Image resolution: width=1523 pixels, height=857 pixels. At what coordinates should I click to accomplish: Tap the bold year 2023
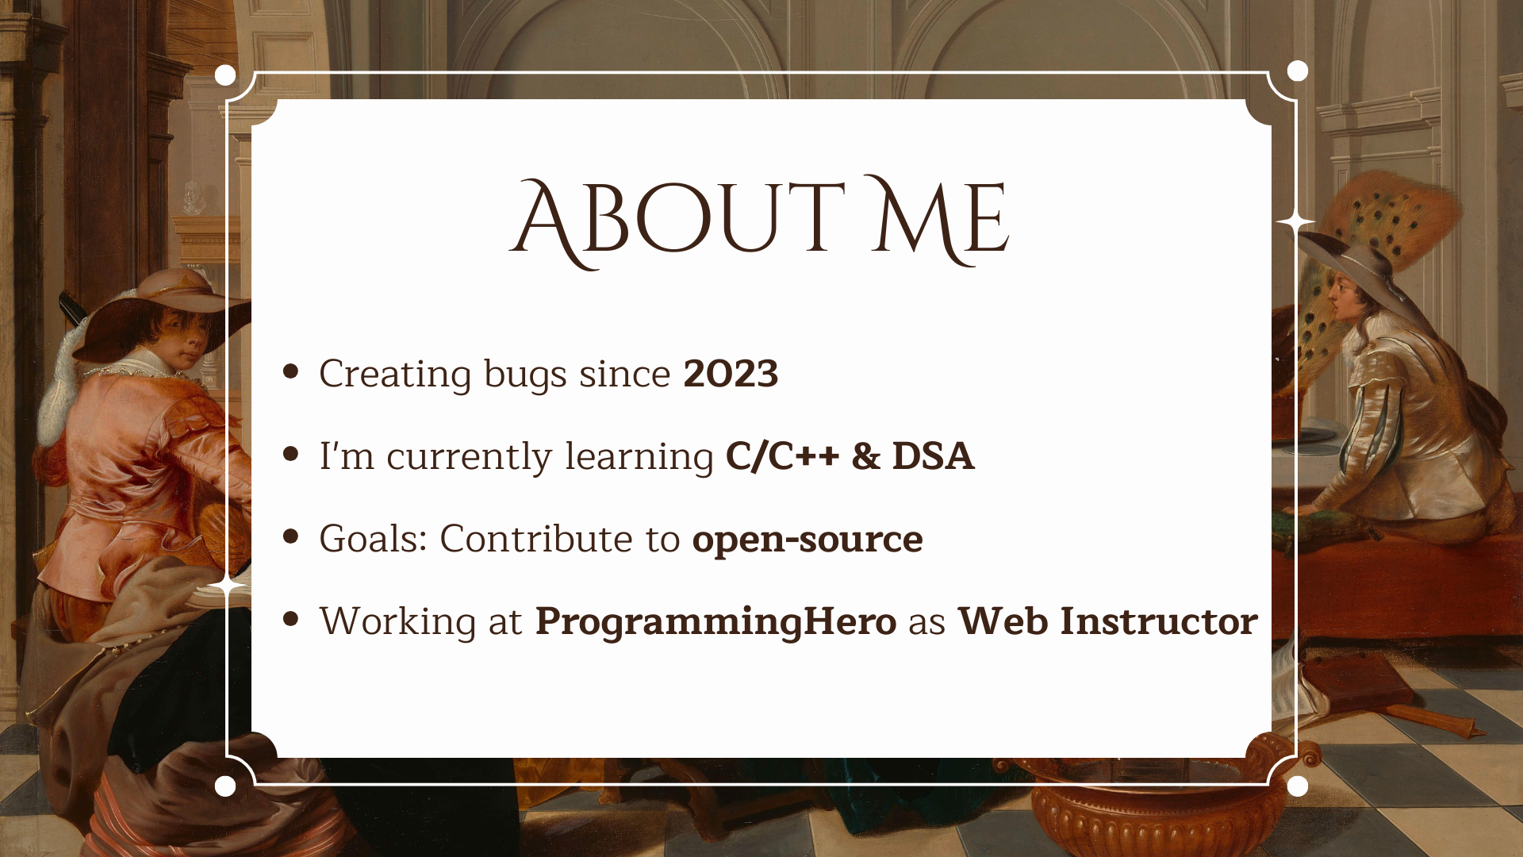731,374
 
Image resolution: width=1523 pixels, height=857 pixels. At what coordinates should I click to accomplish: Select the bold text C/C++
782,457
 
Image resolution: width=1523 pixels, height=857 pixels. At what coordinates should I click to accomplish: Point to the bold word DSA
933,456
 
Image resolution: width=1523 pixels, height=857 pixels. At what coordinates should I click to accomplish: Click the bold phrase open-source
808,540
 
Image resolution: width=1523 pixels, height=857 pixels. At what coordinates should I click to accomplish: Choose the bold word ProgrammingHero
715,622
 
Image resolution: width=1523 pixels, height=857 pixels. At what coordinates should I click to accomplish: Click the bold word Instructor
1159,621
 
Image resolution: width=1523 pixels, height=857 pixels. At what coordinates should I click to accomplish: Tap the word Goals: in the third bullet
374,539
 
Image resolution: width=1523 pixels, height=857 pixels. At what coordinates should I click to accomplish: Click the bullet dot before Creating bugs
290,371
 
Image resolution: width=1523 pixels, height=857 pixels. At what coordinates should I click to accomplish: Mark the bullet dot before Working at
290,619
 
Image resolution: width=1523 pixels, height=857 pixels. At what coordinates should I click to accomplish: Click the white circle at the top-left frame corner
225,75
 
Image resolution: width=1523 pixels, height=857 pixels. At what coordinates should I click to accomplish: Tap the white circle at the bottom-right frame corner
1298,786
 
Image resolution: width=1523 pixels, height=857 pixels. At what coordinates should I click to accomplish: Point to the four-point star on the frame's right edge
1296,223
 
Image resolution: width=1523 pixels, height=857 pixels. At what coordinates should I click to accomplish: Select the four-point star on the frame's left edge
228,586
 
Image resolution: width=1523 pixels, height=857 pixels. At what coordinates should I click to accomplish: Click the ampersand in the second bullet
865,456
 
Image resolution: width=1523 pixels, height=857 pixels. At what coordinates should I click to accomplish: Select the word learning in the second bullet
639,458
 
